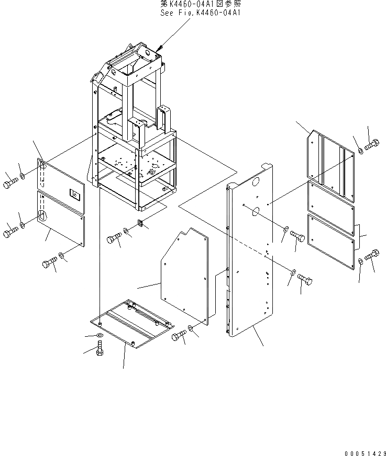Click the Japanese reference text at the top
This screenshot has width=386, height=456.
point(200,4)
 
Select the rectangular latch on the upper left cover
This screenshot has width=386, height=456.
point(75,195)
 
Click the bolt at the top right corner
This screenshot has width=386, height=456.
point(371,145)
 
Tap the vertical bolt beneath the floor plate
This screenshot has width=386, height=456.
point(100,347)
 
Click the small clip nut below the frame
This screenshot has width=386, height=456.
point(140,224)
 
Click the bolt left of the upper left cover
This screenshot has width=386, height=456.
point(10,183)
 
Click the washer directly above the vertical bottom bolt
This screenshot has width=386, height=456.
point(100,334)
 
